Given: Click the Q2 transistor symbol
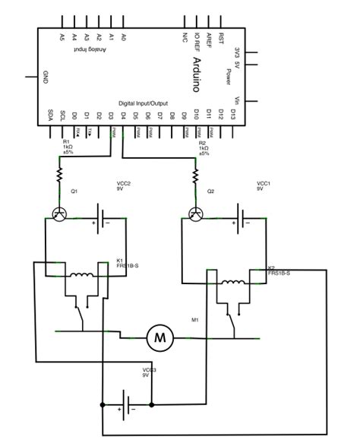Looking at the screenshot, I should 197,215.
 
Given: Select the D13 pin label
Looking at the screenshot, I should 233,118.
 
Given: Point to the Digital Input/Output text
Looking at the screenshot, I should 144,103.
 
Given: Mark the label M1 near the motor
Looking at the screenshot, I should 197,320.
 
